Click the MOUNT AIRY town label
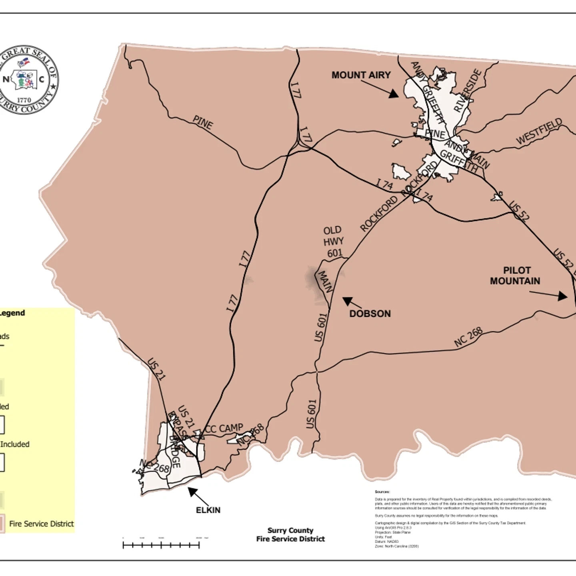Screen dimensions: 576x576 (x=361, y=75)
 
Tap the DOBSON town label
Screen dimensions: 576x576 (x=370, y=314)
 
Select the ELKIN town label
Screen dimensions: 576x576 (x=208, y=510)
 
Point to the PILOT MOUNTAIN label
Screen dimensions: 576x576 (x=515, y=276)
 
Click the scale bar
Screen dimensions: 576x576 (x=161, y=545)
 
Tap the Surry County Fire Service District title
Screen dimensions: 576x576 (x=290, y=535)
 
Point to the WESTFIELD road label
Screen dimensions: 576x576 (x=539, y=131)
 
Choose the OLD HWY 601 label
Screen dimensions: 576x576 (x=333, y=242)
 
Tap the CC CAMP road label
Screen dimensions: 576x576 (x=224, y=429)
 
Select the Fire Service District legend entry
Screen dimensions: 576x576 (x=41, y=524)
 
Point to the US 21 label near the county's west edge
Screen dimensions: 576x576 (x=156, y=369)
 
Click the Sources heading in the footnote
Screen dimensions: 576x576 (x=382, y=492)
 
